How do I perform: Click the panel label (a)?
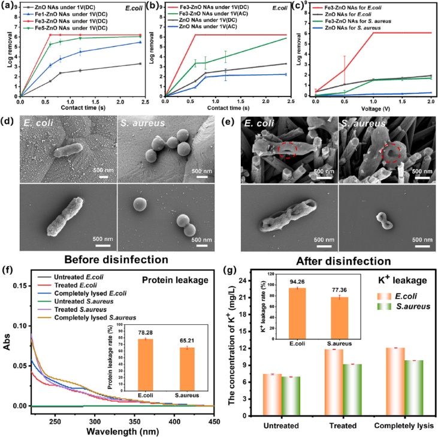coord(8,7)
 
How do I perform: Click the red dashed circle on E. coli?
coord(281,149)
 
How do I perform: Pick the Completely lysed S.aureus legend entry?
coord(94,317)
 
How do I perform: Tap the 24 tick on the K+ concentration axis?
coord(250,279)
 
